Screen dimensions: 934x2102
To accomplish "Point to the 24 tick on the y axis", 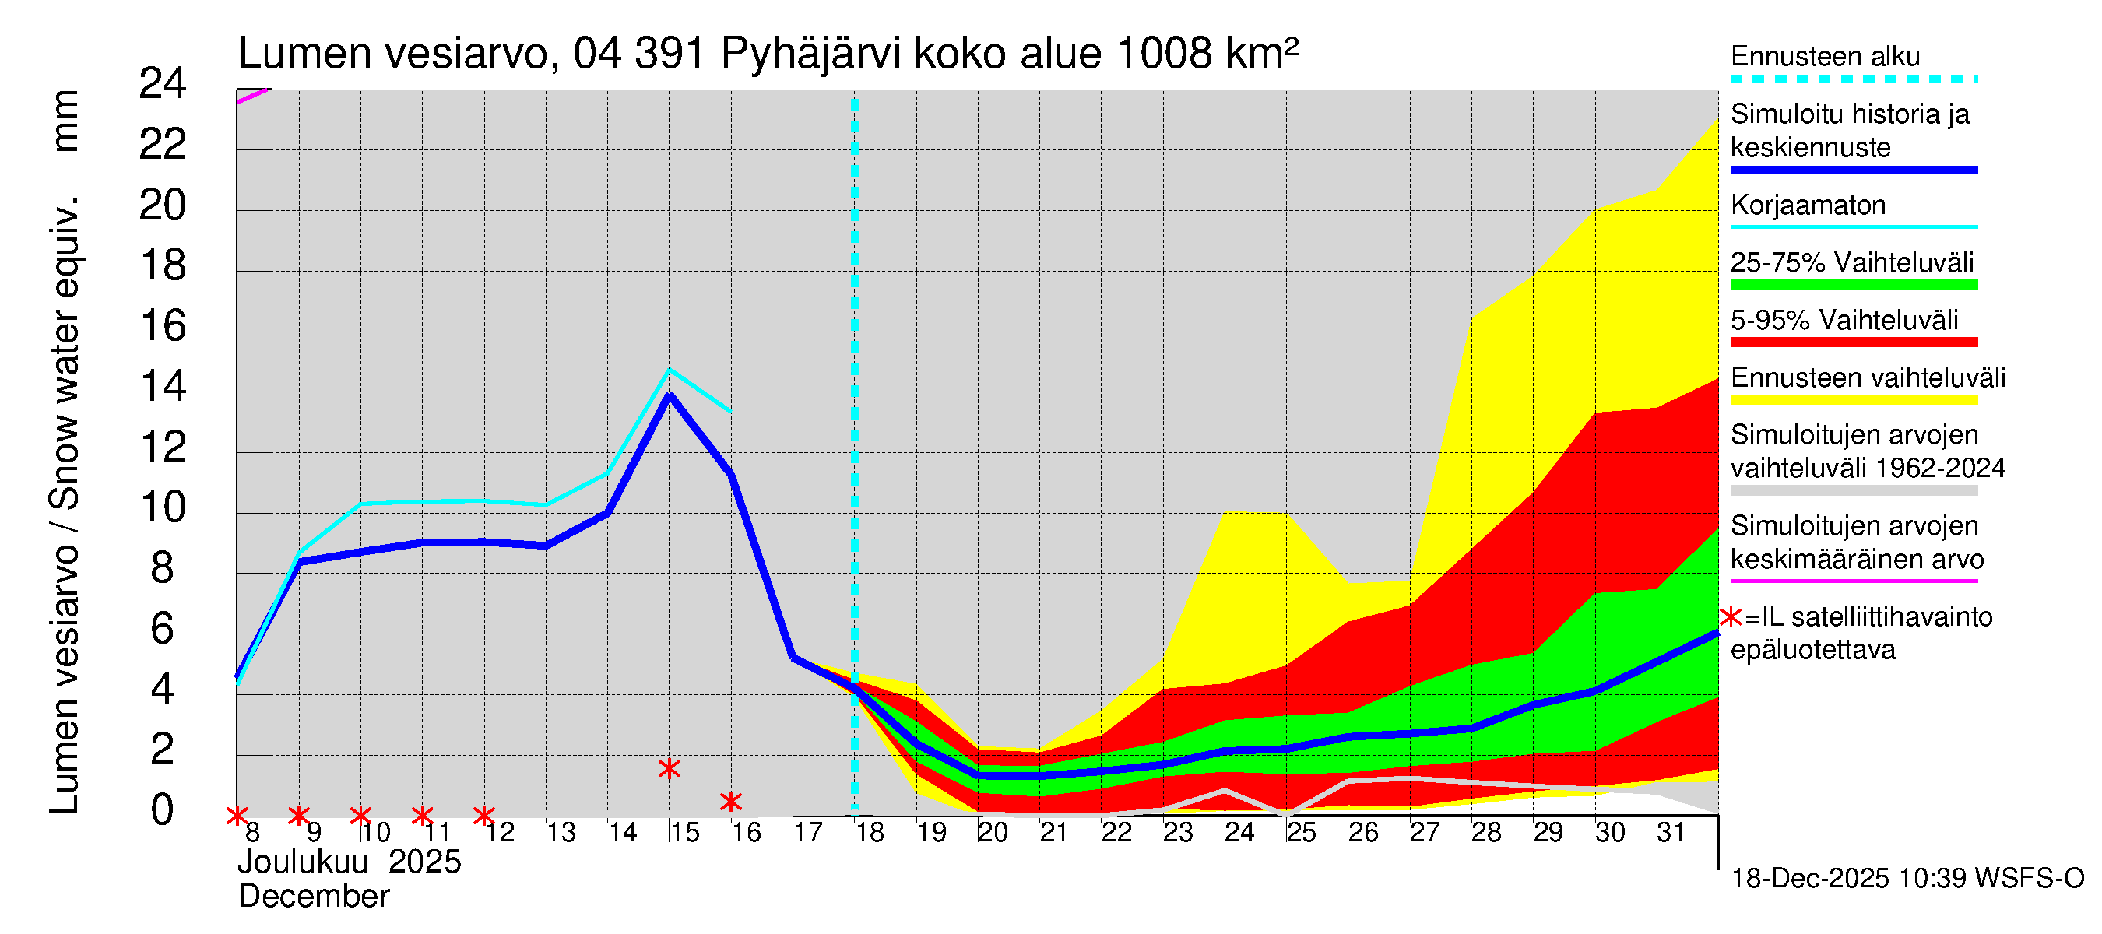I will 163,84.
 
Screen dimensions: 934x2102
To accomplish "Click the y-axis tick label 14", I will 163,387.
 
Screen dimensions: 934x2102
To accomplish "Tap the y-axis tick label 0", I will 163,810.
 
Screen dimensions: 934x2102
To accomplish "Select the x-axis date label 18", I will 869,833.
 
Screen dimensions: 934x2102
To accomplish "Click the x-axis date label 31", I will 1671,833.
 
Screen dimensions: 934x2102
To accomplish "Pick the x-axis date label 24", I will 1239,833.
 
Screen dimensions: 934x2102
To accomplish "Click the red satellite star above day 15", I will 669,768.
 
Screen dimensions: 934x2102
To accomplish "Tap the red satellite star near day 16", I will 731,802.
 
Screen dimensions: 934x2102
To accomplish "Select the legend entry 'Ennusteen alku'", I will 1825,57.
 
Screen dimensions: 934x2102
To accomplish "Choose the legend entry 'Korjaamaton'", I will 1808,205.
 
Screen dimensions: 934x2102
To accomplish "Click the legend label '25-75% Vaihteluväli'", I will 1851,262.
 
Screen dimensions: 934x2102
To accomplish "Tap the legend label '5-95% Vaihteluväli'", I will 1844,321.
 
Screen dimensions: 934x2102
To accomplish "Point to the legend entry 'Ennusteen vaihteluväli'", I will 1867,378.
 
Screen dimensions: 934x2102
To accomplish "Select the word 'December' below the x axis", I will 313,897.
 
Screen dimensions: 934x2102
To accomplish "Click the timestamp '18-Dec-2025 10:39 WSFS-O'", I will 1907,879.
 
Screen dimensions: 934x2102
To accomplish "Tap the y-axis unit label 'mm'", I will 65,121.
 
